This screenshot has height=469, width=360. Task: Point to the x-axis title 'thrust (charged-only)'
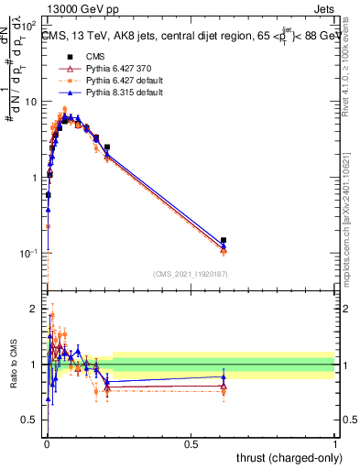[x=286, y=457]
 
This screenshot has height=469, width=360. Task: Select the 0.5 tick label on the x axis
[x=191, y=443]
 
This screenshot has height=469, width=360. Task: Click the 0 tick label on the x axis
[x=46, y=443]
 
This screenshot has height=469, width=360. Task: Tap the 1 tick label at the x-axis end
[x=335, y=443]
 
